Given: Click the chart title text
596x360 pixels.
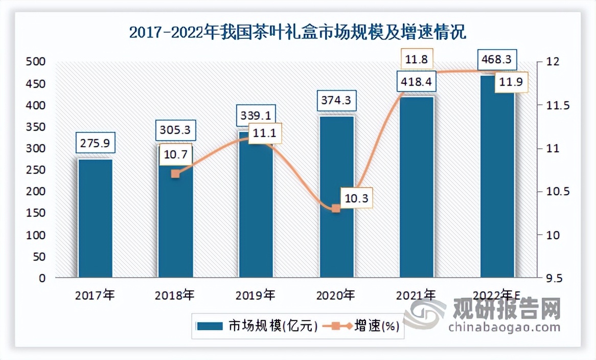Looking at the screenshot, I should point(297,33).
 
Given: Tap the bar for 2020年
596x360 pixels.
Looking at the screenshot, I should point(336,240).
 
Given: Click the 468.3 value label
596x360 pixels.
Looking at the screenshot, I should point(497,60).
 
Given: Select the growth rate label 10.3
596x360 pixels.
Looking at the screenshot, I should point(356,197).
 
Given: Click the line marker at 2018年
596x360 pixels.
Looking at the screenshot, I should point(175,174).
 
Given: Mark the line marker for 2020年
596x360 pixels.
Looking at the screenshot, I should point(336,208).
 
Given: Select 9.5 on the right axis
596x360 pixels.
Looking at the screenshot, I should point(553,279).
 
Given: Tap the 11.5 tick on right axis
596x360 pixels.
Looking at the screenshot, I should point(553,105).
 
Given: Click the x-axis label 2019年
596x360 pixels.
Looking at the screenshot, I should point(256,295).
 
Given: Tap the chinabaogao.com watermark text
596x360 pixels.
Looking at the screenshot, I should point(504,327).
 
